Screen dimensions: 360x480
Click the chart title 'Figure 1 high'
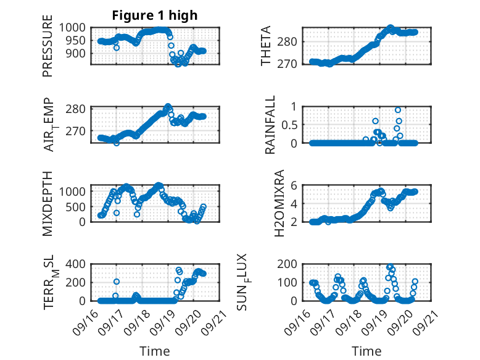pyautogui.click(x=154, y=15)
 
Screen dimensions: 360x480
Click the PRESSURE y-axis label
pyautogui.click(x=48, y=50)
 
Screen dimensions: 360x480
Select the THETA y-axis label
pyautogui.click(x=266, y=46)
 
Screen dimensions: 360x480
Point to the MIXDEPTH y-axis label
pyautogui.click(x=48, y=203)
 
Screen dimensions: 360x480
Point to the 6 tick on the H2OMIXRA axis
pyautogui.click(x=296, y=185)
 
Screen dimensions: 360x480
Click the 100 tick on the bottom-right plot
pyautogui.click(x=292, y=282)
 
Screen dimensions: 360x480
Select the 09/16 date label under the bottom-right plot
pyautogui.click(x=296, y=319)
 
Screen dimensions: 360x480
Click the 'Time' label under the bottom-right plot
pyautogui.click(x=366, y=351)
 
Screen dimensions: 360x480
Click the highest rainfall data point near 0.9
pyautogui.click(x=398, y=110)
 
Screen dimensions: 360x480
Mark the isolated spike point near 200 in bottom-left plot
pyautogui.click(x=117, y=282)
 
